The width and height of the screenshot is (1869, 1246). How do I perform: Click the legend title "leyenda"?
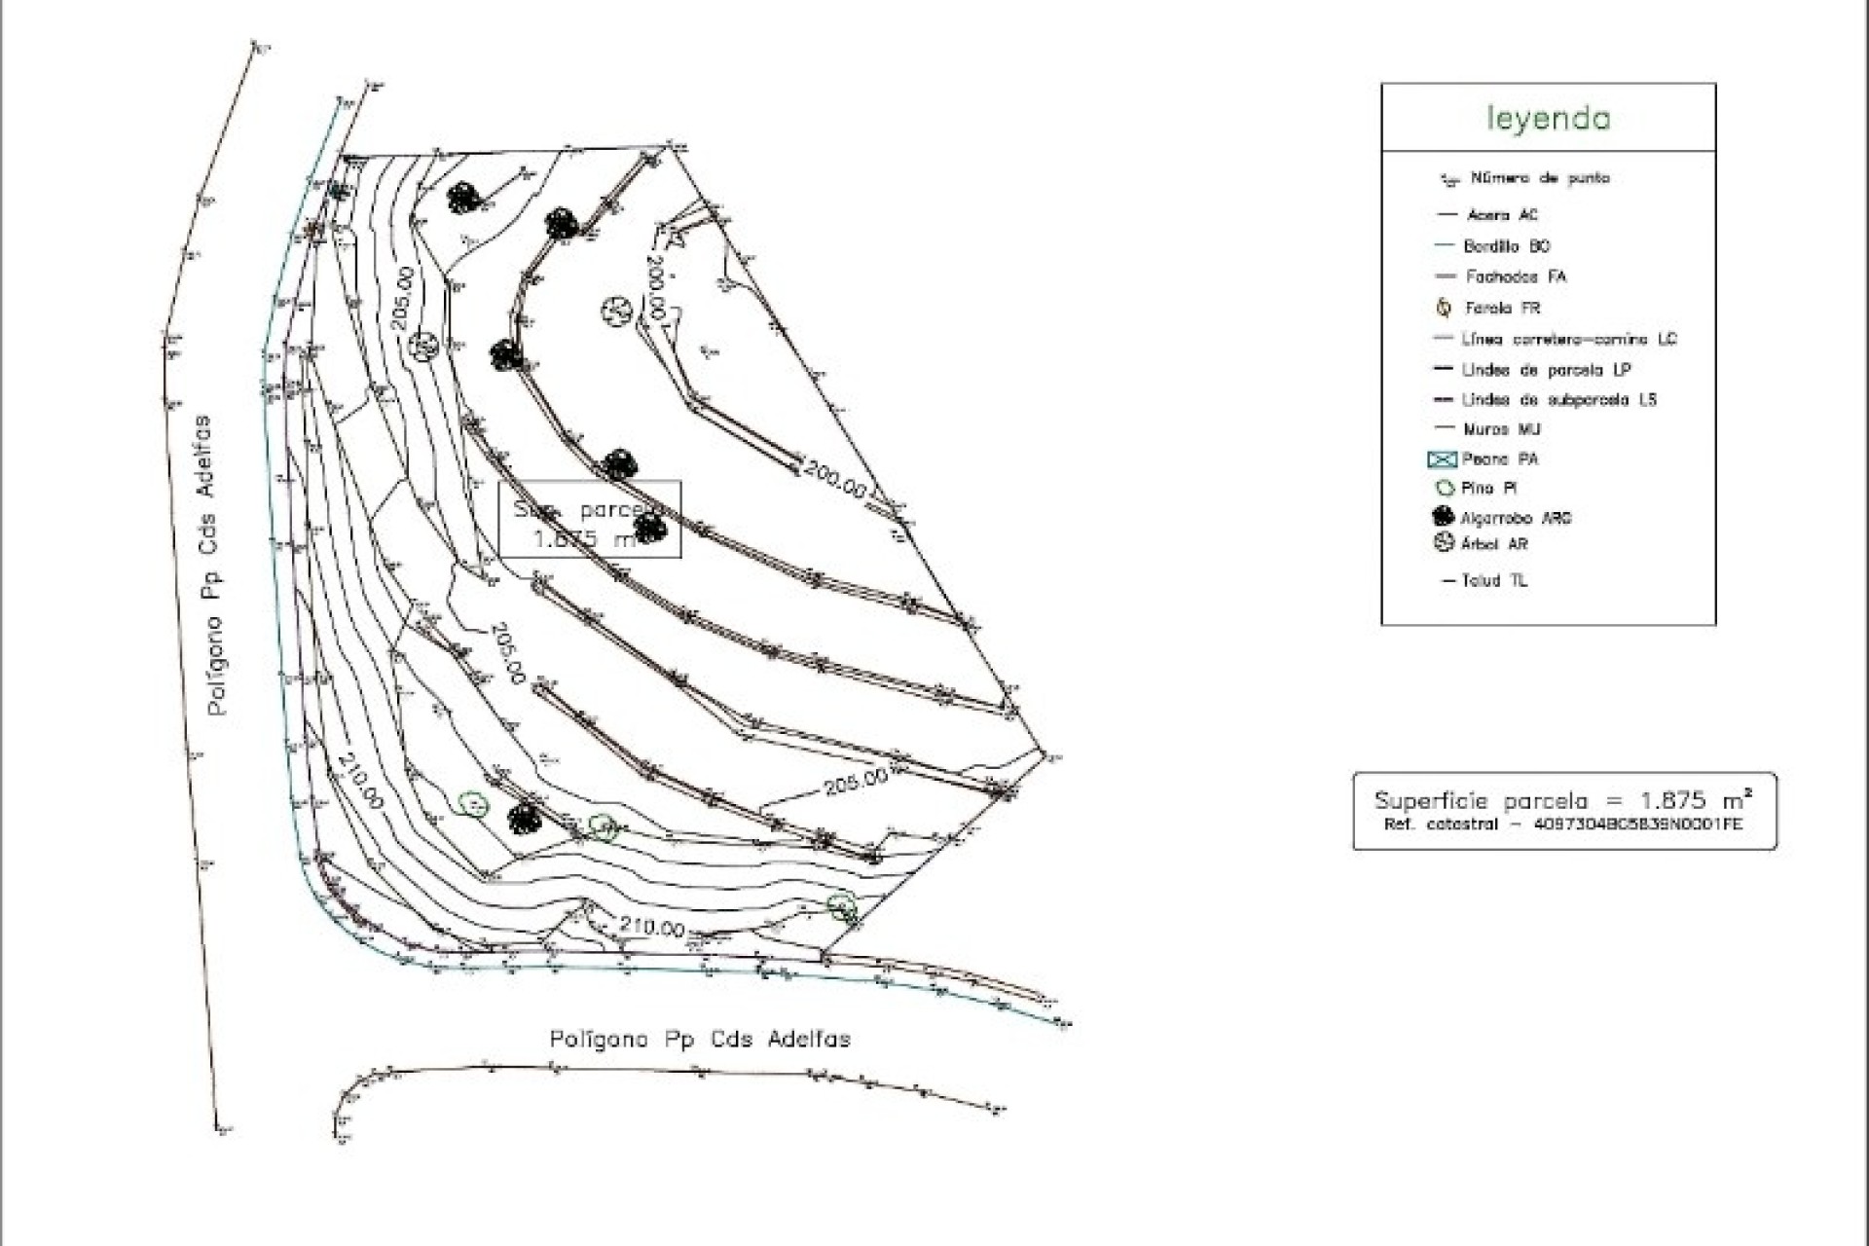click(x=1548, y=119)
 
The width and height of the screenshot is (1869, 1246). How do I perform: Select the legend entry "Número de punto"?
click(x=1539, y=178)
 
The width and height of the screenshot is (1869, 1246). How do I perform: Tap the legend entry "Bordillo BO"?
click(x=1506, y=246)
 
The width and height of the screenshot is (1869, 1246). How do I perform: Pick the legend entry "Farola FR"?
click(x=1502, y=308)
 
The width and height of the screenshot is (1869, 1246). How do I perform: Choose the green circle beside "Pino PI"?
click(x=1445, y=489)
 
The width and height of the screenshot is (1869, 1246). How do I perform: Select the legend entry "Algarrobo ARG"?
click(x=1515, y=518)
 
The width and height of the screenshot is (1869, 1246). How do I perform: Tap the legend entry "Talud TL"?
click(x=1493, y=581)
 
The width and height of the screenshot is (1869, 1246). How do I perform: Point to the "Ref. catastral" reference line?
click(x=1562, y=825)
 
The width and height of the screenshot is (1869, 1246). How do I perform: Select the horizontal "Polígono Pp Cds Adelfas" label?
click(x=700, y=1039)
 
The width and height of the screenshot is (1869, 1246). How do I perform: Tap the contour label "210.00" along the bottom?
click(x=652, y=927)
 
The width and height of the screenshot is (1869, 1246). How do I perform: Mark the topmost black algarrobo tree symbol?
click(x=463, y=198)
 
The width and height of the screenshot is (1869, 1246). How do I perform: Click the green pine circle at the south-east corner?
click(x=842, y=906)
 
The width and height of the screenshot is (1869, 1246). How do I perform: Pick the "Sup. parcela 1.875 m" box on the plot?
click(x=590, y=520)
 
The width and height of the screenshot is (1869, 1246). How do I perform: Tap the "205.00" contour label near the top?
click(x=403, y=299)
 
